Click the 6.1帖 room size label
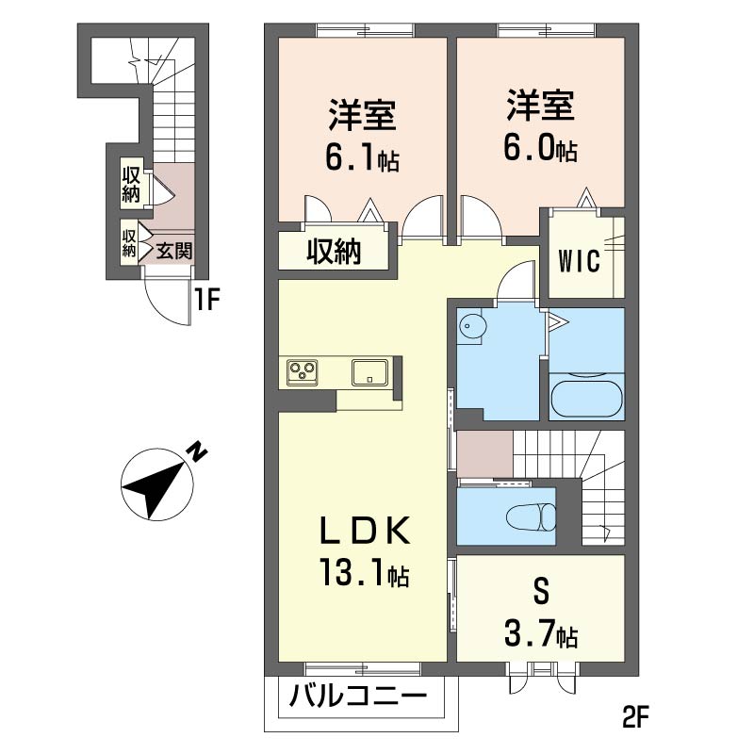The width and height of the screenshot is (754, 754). coord(362,160)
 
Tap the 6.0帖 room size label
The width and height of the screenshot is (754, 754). coord(541,150)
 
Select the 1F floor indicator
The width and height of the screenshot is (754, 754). coord(206,301)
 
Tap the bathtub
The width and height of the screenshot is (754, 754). coord(585,397)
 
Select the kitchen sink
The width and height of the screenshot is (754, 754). coord(370,371)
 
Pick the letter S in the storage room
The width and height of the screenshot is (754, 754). coord(540,595)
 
